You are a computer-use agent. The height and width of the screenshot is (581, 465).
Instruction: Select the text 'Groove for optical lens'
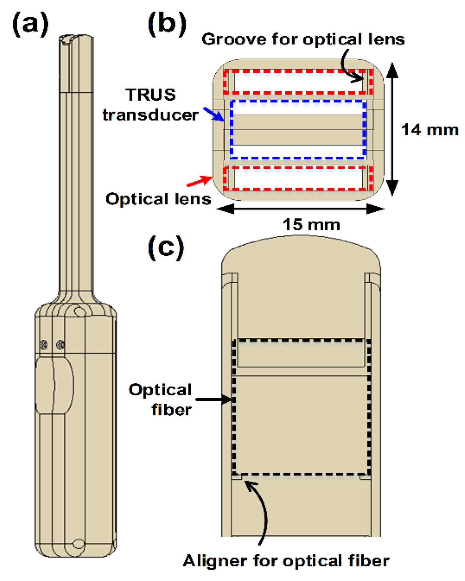click(x=303, y=40)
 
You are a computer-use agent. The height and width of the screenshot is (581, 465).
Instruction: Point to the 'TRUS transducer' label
click(x=150, y=105)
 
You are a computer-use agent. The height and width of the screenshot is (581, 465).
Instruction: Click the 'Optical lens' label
click(x=158, y=199)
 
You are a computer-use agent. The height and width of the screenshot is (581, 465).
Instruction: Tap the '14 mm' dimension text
click(x=430, y=130)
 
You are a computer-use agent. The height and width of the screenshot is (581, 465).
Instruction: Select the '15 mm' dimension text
click(x=311, y=225)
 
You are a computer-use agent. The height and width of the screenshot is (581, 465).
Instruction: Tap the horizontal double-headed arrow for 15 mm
click(x=300, y=209)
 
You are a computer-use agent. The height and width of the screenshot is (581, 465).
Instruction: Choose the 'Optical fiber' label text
click(x=160, y=399)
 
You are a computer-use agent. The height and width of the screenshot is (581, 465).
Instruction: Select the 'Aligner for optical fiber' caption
click(x=286, y=561)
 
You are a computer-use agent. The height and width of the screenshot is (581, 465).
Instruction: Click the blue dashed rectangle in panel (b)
click(x=298, y=101)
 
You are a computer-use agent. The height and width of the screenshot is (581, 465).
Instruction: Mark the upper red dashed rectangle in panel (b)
click(x=298, y=71)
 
